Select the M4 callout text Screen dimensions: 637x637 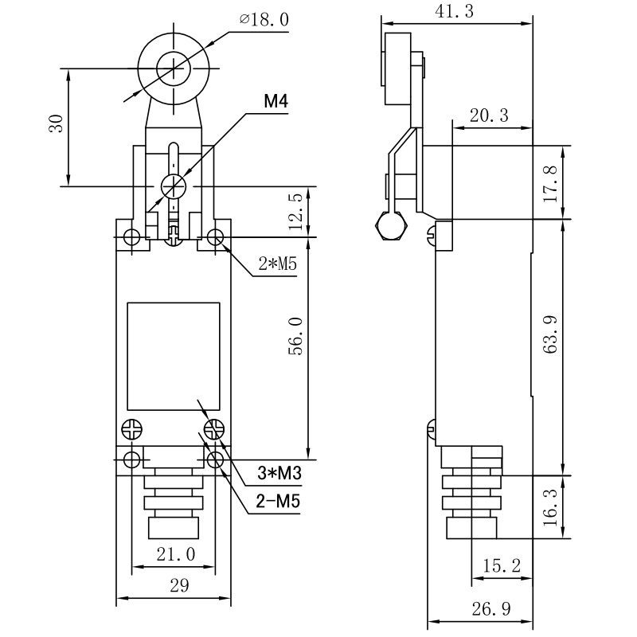pyautogui.click(x=276, y=102)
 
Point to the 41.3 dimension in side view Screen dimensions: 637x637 pyautogui.click(x=455, y=10)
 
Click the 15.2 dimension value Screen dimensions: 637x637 pyautogui.click(x=502, y=565)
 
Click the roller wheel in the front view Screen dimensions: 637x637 pyautogui.click(x=173, y=67)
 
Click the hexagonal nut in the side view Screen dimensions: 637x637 pyautogui.click(x=391, y=226)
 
